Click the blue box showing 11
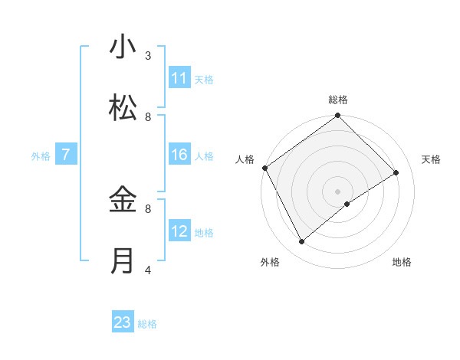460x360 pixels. pos(179,78)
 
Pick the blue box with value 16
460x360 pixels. pos(179,155)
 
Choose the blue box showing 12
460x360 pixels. pos(179,231)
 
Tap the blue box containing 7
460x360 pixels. pos(66,155)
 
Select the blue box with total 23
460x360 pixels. pos(123,322)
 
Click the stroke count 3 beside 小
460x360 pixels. pos(148,55)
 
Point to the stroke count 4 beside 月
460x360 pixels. pos(148,270)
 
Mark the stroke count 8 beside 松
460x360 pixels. pos(148,116)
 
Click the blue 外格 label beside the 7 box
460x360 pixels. pos(41,156)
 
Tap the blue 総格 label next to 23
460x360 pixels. pos(147,324)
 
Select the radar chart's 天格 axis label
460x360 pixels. pos(432,159)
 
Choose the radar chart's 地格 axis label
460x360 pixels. pos(402,262)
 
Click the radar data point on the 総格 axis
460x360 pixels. pos(337,116)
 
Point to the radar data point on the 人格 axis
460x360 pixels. pos(264,168)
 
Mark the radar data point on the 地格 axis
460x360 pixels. pos(347,204)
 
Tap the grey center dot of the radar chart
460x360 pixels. pos(337,191)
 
